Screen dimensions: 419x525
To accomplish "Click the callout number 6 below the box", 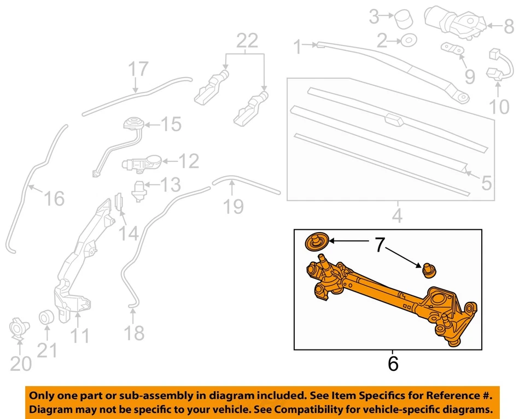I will tap(393, 364).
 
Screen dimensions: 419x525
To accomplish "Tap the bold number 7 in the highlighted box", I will tap(379, 245).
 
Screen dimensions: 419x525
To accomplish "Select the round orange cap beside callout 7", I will tap(316, 241).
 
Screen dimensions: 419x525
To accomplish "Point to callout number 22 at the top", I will tap(246, 41).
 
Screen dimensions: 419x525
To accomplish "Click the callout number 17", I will tap(138, 69).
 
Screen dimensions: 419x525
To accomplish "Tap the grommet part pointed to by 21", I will tap(46, 317).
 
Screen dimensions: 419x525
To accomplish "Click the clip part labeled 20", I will tap(20, 329).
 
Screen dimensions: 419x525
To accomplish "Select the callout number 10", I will tap(499, 106).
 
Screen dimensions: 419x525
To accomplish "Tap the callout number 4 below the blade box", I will tap(397, 216).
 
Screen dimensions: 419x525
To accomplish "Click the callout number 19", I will tap(234, 206).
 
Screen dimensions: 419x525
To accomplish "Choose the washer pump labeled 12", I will tap(142, 162).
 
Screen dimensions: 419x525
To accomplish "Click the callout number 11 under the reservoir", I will tap(80, 335).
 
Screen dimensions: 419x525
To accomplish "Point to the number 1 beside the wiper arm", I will tap(297, 48).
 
